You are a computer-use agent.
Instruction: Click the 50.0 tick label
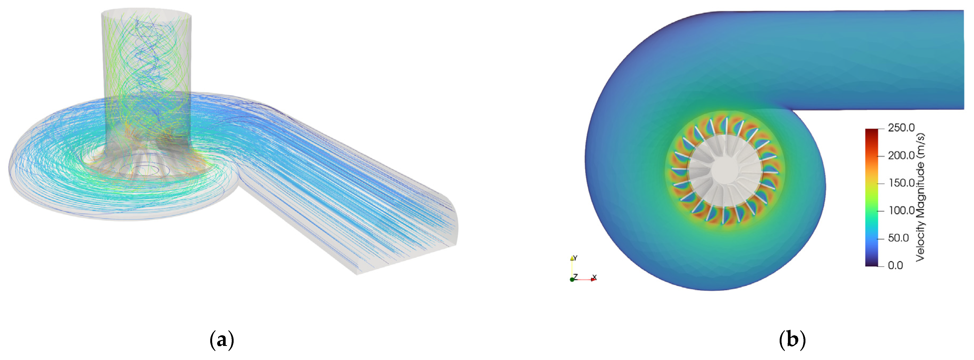(898, 238)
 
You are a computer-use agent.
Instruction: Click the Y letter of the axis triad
(575, 258)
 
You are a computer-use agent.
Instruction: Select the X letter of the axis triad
(594, 277)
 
